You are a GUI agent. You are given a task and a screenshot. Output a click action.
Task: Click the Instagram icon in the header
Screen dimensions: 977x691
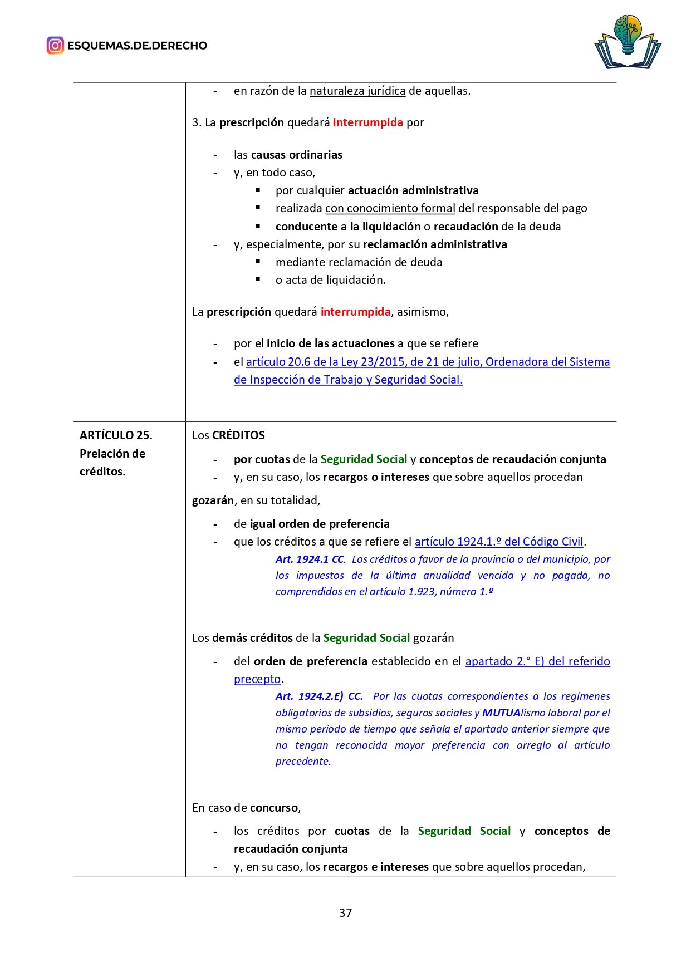55,45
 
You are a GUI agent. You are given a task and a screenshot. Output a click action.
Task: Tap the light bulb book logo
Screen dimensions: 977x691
628,42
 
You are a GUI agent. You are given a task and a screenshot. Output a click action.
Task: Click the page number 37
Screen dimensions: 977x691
345,912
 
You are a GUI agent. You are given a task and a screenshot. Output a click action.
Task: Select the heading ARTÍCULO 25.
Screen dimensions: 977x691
116,435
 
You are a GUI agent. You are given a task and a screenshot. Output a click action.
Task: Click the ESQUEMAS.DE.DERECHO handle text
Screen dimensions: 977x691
137,46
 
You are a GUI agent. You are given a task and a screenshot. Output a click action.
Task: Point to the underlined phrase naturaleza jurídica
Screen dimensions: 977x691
357,91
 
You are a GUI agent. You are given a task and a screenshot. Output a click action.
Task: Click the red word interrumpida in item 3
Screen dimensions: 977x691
367,122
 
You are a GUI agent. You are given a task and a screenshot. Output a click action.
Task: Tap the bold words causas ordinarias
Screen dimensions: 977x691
296,155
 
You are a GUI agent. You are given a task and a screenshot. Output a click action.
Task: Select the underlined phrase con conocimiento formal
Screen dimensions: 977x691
390,208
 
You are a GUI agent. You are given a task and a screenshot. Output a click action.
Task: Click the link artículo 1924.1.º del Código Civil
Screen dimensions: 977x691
498,542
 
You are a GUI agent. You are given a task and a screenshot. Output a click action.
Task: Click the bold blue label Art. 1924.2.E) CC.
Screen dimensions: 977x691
319,696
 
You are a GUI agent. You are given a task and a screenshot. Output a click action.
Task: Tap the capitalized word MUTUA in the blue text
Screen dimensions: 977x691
501,713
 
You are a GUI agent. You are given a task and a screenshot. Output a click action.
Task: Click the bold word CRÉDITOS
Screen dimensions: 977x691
238,435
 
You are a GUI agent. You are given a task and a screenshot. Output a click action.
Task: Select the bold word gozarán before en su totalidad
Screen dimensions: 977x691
213,500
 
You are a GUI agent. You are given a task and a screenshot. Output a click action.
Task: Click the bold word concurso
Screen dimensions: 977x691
275,808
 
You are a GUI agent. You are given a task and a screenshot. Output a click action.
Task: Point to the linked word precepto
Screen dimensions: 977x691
257,679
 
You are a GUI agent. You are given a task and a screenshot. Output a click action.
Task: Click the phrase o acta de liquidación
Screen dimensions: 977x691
330,280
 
